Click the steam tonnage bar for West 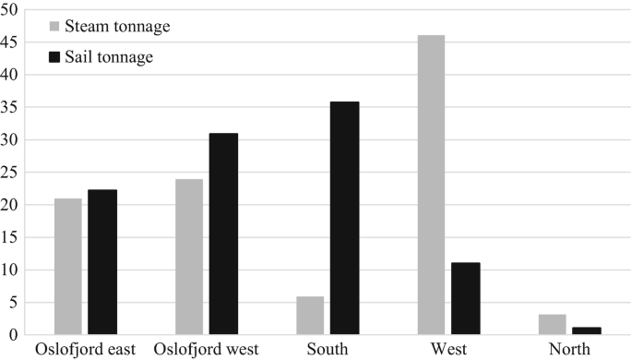point(431,185)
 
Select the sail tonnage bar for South point(344,218)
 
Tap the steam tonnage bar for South point(310,315)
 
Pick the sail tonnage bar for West point(465,298)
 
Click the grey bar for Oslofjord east point(67,266)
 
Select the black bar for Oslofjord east point(101,261)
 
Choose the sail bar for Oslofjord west point(222,234)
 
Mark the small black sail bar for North point(586,330)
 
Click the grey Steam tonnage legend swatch point(54,27)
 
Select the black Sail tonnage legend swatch point(54,57)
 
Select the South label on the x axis point(327,350)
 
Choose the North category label point(569,350)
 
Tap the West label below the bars point(447,350)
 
